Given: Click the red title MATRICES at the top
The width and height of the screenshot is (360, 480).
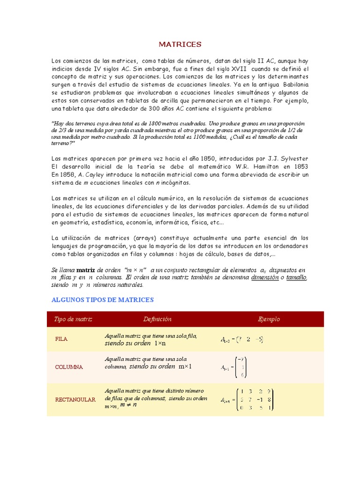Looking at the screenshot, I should [x=180, y=45].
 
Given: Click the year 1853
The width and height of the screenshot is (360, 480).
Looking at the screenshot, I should [x=300, y=166].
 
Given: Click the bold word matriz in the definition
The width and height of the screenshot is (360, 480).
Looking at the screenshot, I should [x=86, y=270].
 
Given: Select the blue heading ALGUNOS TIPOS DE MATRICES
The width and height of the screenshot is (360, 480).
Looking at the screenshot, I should [x=102, y=300].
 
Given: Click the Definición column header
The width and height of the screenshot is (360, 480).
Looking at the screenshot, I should [x=157, y=319].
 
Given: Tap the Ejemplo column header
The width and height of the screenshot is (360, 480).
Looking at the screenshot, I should [x=269, y=319].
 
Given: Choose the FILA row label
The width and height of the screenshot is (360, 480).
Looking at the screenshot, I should [x=61, y=339].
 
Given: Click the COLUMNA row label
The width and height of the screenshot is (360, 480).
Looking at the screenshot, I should [x=68, y=367].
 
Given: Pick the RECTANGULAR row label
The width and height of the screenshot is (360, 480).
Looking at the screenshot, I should [x=75, y=400].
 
